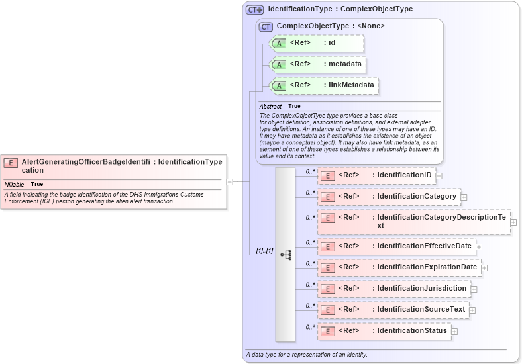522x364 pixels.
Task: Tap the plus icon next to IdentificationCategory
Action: point(464,197)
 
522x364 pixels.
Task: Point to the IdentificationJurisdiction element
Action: point(393,289)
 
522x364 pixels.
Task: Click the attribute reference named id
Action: point(317,43)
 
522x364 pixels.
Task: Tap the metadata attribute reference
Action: point(319,64)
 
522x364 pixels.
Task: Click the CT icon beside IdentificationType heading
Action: point(254,10)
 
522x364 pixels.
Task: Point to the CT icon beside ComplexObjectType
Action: point(266,26)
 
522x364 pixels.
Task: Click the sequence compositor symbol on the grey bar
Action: point(286,254)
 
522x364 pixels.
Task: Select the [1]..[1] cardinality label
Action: point(264,251)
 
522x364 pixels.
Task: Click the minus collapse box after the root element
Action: point(229,181)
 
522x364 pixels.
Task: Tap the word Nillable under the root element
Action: point(14,184)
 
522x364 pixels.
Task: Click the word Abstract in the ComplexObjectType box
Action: point(270,107)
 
